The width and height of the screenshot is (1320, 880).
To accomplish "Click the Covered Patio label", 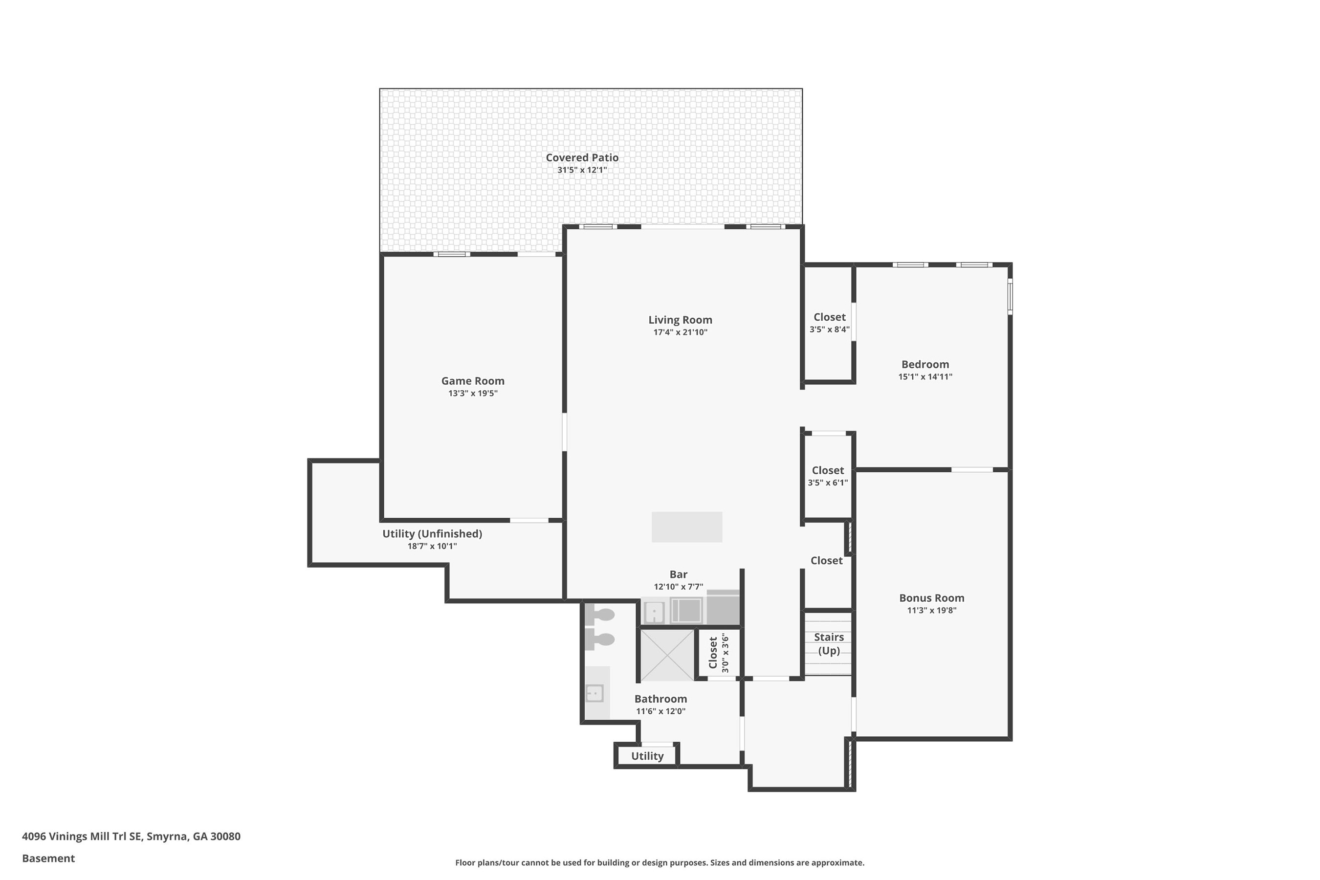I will click(582, 158).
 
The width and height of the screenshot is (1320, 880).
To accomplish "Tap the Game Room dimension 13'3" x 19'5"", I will click(473, 394).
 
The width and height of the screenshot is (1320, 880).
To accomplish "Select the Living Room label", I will click(680, 320).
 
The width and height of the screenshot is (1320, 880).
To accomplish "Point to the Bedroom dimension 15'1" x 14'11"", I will click(925, 376).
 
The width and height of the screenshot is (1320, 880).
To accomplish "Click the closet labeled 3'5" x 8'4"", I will click(829, 323).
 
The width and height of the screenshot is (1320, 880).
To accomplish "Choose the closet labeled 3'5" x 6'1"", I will click(828, 476).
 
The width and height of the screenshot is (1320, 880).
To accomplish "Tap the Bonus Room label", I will click(932, 598).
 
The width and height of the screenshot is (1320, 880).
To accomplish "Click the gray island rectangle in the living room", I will click(686, 527).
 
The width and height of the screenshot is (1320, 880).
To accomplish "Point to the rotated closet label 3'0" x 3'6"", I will click(718, 653).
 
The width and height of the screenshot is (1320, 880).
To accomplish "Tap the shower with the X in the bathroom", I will click(667, 655).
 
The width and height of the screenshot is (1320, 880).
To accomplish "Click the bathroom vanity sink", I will click(594, 693).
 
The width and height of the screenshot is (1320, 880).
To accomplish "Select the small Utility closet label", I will click(647, 756).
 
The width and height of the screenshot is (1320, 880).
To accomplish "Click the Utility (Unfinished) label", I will click(432, 534).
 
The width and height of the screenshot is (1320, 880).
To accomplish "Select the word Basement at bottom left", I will click(48, 858).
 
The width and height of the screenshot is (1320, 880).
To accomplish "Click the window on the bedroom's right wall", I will click(1010, 297).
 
